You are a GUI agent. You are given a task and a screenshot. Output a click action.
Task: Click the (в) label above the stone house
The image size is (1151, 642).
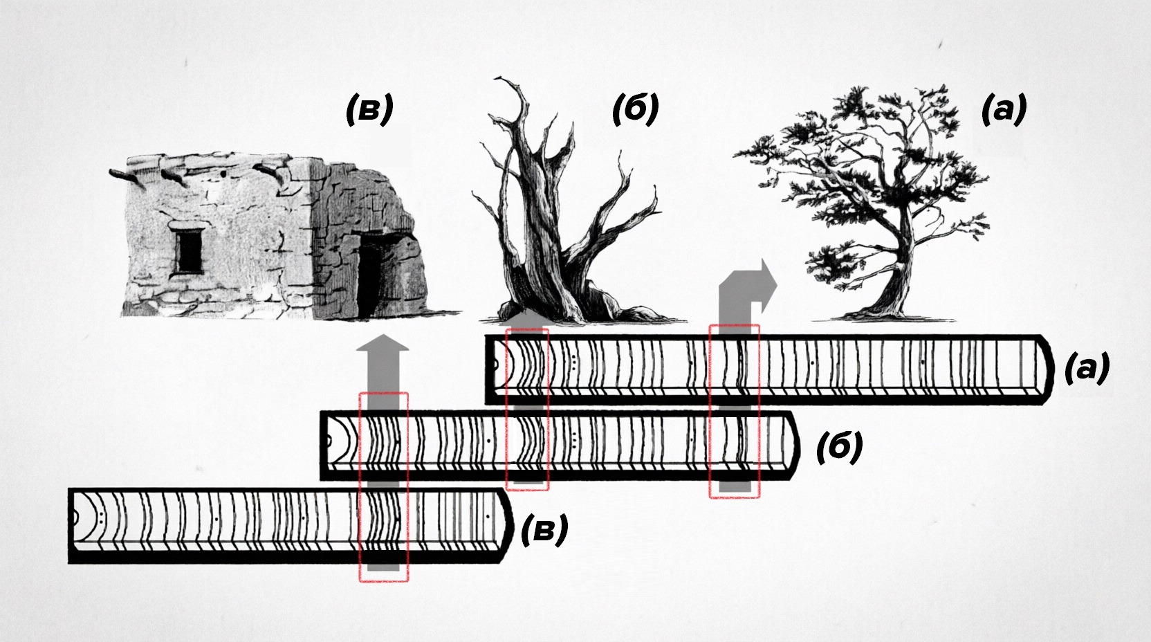click(369, 109)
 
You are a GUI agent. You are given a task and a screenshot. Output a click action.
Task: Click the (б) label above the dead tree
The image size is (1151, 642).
click(635, 109)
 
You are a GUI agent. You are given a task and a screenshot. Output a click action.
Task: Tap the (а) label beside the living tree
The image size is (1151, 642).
click(1004, 109)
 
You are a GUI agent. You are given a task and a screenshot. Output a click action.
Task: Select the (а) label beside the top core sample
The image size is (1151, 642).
click(1087, 367)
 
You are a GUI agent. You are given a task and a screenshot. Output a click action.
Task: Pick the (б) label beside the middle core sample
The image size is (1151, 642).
click(840, 447)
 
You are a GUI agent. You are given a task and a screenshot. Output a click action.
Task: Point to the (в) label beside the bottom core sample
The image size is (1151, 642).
click(544, 529)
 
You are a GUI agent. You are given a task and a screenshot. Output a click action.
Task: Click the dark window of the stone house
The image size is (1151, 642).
click(189, 252)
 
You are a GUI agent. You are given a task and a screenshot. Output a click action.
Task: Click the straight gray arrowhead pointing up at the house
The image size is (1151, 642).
click(383, 342)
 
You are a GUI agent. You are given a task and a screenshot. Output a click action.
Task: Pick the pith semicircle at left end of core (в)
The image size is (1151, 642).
click(75, 517)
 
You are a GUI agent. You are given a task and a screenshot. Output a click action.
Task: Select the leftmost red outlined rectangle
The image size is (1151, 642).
click(384, 487)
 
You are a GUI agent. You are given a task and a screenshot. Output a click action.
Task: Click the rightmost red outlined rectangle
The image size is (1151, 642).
click(735, 411)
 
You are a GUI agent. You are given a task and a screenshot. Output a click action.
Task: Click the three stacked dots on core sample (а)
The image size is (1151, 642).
click(573, 362)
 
